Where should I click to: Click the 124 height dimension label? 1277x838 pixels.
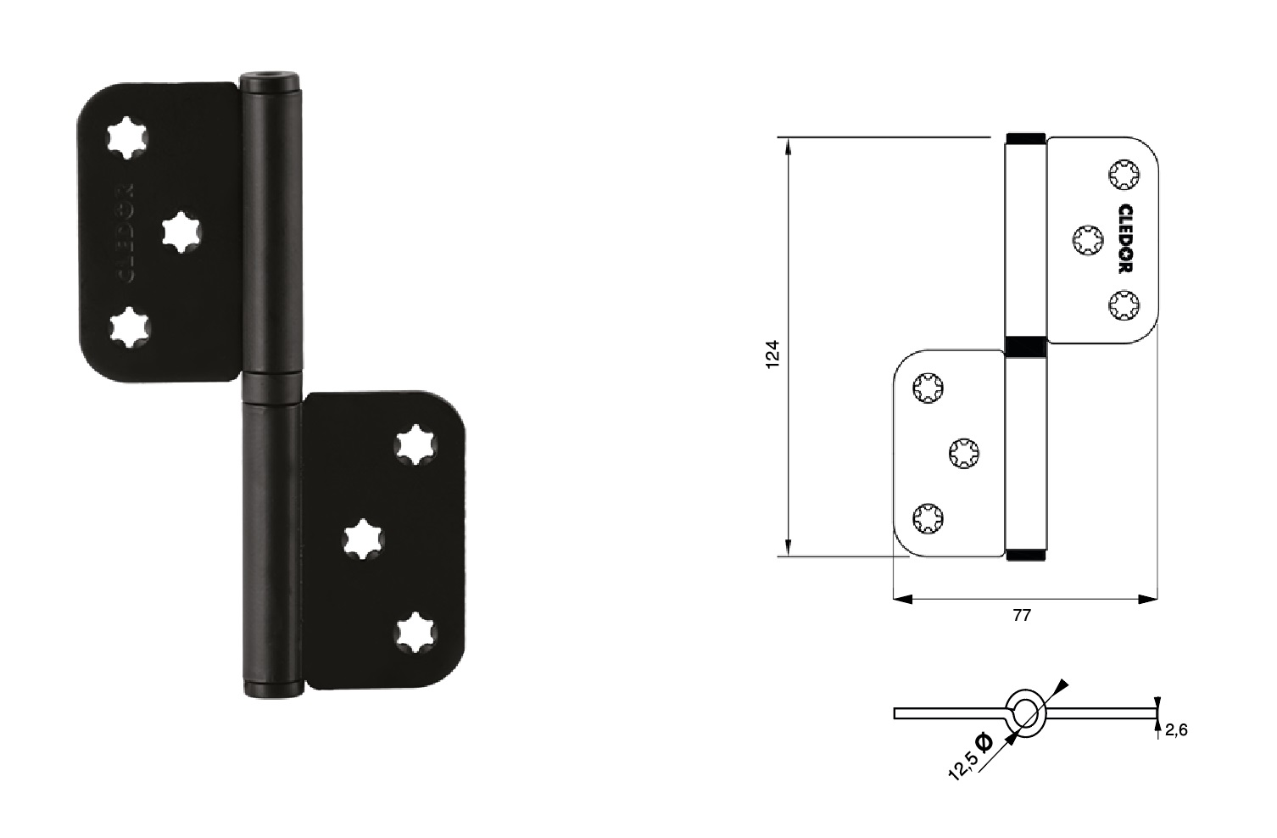point(772,354)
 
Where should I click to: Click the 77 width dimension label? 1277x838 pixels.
point(1022,616)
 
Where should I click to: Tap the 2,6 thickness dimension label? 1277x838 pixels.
point(1176,730)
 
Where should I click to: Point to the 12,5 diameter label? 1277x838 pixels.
point(970,757)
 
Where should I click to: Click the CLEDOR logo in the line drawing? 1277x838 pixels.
point(1125,239)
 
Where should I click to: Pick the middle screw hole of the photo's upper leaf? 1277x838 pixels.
point(181,232)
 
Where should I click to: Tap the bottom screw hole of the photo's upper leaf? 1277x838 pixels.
point(130,327)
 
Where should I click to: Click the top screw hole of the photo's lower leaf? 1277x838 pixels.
point(415,444)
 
